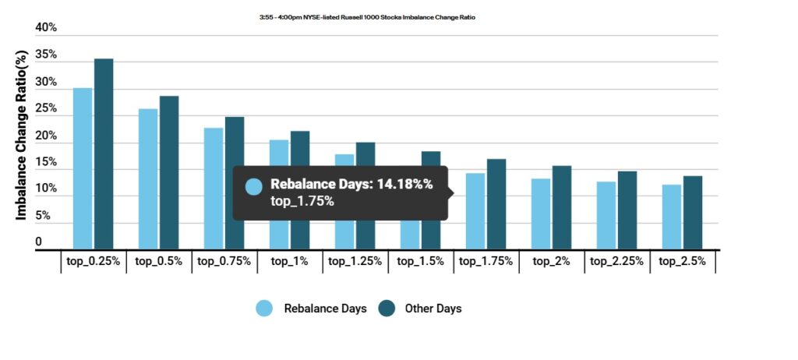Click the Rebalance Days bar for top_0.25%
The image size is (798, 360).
coord(83,168)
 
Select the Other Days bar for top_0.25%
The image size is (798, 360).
coord(104,154)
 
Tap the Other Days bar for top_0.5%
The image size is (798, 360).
coord(169,172)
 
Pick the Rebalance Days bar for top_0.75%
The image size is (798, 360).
coord(214,189)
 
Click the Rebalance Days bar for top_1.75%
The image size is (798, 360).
coord(475,211)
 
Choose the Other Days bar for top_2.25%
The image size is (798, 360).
coord(627,210)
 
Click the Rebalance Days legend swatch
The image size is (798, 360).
coord(264,309)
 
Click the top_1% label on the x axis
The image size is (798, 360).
coord(290,262)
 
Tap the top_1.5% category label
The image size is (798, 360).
coord(421,262)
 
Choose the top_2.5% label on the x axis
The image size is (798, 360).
coord(683,262)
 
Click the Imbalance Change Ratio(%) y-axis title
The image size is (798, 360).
coord(23,134)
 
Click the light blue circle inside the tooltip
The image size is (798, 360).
coord(253,187)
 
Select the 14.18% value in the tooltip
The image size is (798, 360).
coord(405,184)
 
